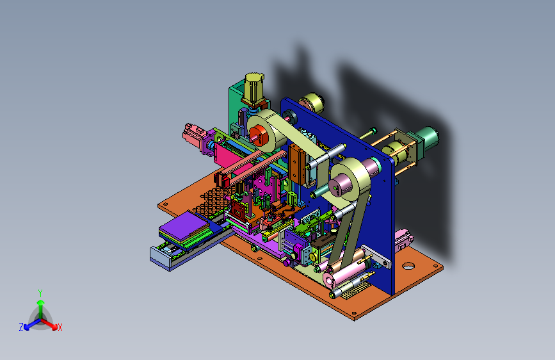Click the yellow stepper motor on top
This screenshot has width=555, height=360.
[253, 88]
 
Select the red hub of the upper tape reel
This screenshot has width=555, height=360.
[259, 135]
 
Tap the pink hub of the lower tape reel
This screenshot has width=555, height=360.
[339, 186]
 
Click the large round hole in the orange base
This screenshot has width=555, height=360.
[408, 265]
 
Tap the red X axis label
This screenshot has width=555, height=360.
[60, 328]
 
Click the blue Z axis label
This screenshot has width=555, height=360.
[21, 327]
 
